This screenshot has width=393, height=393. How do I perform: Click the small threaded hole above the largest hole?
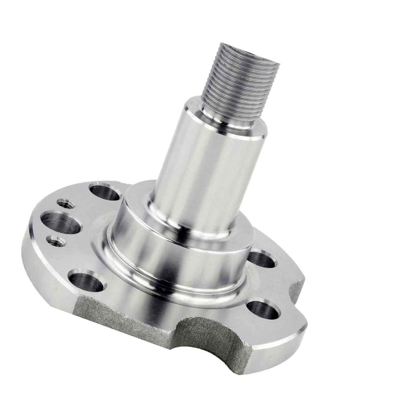63,202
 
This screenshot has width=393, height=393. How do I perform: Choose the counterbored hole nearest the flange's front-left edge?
87,282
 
